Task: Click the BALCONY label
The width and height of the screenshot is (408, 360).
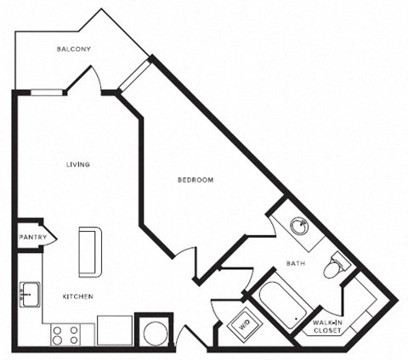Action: pos(74,49)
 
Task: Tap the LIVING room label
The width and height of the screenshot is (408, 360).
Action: pos(78,164)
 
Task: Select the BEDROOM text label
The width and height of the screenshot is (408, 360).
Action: pos(195,180)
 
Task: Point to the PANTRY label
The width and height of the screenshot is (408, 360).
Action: pos(31,237)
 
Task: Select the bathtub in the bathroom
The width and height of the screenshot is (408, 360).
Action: pos(280,304)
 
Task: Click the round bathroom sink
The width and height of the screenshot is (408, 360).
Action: pos(298,227)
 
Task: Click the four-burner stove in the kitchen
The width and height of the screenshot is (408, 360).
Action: pos(65,334)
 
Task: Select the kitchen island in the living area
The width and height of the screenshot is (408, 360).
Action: pos(88,251)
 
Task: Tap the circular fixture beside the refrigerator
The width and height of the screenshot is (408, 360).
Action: pos(154,333)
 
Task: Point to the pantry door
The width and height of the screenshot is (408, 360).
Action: pos(48,237)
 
